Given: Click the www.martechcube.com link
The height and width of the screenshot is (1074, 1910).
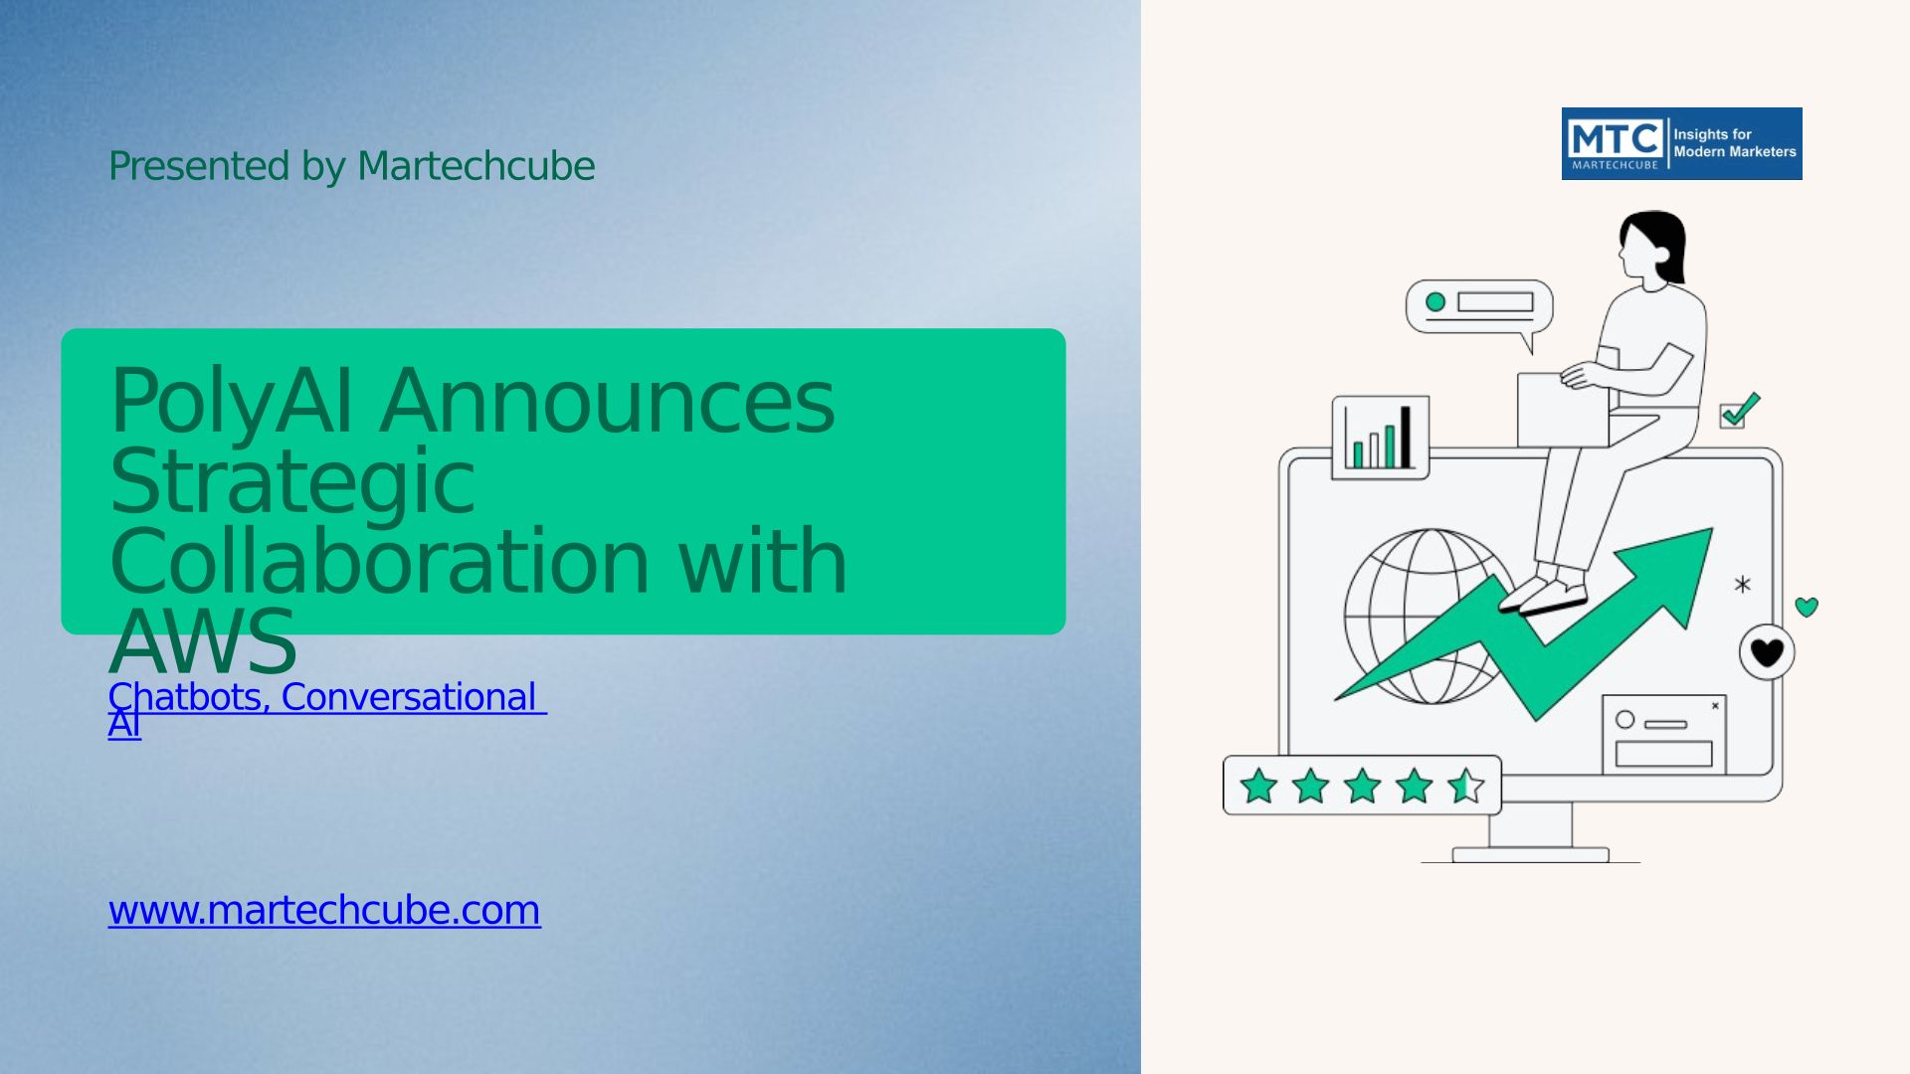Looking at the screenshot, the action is click(324, 910).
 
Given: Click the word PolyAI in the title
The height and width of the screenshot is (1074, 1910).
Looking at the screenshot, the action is click(231, 401).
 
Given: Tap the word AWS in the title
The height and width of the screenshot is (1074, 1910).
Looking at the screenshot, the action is click(203, 642).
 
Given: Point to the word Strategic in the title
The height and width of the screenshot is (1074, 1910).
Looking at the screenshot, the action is click(292, 482).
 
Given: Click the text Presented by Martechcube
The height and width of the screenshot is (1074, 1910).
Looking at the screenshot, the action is click(351, 166).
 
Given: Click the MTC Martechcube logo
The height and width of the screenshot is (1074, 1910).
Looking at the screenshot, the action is click(1681, 143).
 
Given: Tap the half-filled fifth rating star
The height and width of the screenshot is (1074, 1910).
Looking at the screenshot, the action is click(1465, 786).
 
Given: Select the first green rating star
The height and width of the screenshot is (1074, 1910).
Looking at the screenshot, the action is click(1258, 786).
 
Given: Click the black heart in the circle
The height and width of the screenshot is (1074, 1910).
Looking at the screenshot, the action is click(1767, 652).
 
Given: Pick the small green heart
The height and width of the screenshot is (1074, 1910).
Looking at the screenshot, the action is click(1807, 607).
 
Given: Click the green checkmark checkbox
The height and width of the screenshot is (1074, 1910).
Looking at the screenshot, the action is click(1739, 411).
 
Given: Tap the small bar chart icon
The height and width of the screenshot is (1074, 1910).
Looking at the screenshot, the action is click(1380, 437).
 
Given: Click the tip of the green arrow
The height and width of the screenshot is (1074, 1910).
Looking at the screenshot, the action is click(1712, 529).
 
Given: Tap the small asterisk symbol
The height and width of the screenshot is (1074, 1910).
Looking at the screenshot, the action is click(1742, 585).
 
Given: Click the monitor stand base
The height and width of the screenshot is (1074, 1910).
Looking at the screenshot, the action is click(1530, 854).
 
